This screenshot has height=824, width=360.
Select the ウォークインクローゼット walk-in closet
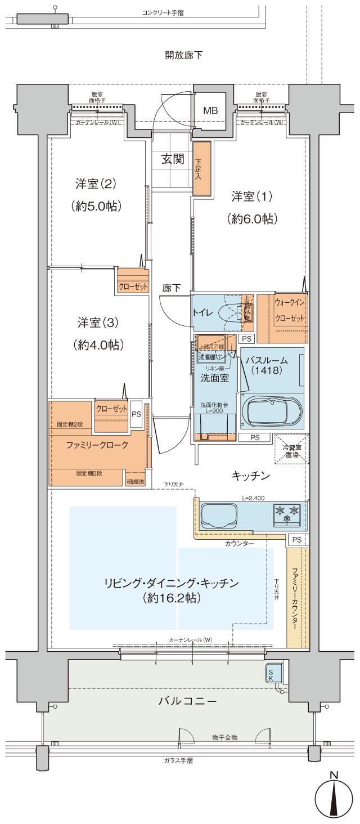click(x=290, y=310)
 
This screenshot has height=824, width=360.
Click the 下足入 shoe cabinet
click(x=201, y=169)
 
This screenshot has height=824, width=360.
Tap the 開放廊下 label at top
click(x=183, y=55)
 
